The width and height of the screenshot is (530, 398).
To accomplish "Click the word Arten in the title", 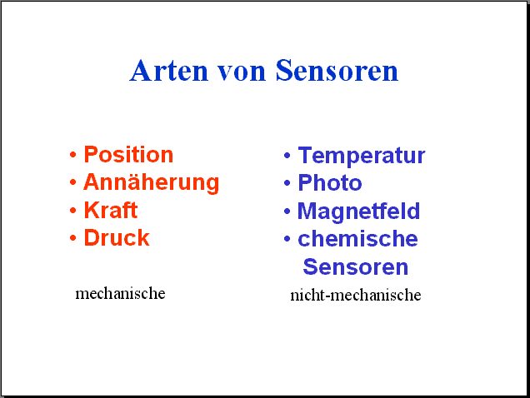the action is click(x=168, y=71).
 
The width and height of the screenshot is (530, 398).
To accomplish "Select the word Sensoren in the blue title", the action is click(x=337, y=71).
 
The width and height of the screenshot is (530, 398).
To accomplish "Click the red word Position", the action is click(x=128, y=155).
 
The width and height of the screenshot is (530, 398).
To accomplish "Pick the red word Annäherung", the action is click(x=152, y=183).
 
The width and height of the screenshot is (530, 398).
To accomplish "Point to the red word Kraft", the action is click(x=111, y=210).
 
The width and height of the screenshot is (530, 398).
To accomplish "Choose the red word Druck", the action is click(x=117, y=237).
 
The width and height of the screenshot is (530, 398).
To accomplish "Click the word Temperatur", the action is click(x=362, y=156).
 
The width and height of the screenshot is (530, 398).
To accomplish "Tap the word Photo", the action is click(x=330, y=183).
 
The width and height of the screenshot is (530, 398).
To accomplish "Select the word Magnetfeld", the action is click(x=358, y=211).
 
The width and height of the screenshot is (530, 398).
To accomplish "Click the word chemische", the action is click(x=358, y=239).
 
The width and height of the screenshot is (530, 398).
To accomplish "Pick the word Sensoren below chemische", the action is click(x=356, y=267).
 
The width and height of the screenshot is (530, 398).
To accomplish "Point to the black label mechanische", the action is click(x=120, y=293).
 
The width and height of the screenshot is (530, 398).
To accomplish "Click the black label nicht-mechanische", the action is click(x=356, y=295).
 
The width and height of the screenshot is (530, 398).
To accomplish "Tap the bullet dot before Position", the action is click(x=72, y=155).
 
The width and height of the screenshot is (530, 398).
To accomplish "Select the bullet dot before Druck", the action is click(x=72, y=238).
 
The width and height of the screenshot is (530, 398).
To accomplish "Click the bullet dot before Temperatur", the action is click(x=287, y=156).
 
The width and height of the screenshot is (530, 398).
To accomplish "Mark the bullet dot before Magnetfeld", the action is click(x=287, y=211).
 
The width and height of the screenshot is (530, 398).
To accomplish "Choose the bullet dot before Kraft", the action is click(x=72, y=211).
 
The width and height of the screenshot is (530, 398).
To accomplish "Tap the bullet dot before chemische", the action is click(x=287, y=239).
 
